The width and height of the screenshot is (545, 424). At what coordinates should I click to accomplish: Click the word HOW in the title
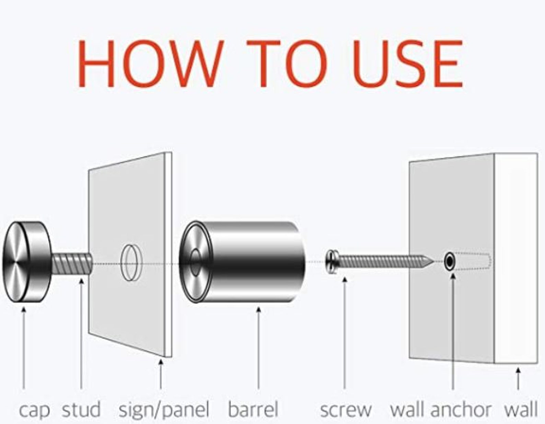click(151, 64)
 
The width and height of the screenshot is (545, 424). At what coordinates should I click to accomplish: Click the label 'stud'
click(81, 409)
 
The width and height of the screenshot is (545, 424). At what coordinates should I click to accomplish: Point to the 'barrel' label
click(253, 409)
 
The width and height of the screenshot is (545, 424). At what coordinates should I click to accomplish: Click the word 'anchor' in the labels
click(461, 409)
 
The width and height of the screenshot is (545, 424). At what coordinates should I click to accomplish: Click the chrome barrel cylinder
click(242, 262)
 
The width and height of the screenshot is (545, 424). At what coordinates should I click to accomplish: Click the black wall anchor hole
click(450, 261)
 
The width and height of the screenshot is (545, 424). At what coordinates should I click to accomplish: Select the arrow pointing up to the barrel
click(258, 348)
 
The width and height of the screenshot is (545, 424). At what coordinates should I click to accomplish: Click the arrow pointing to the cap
click(24, 348)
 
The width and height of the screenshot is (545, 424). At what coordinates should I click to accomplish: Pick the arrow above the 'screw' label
click(345, 333)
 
